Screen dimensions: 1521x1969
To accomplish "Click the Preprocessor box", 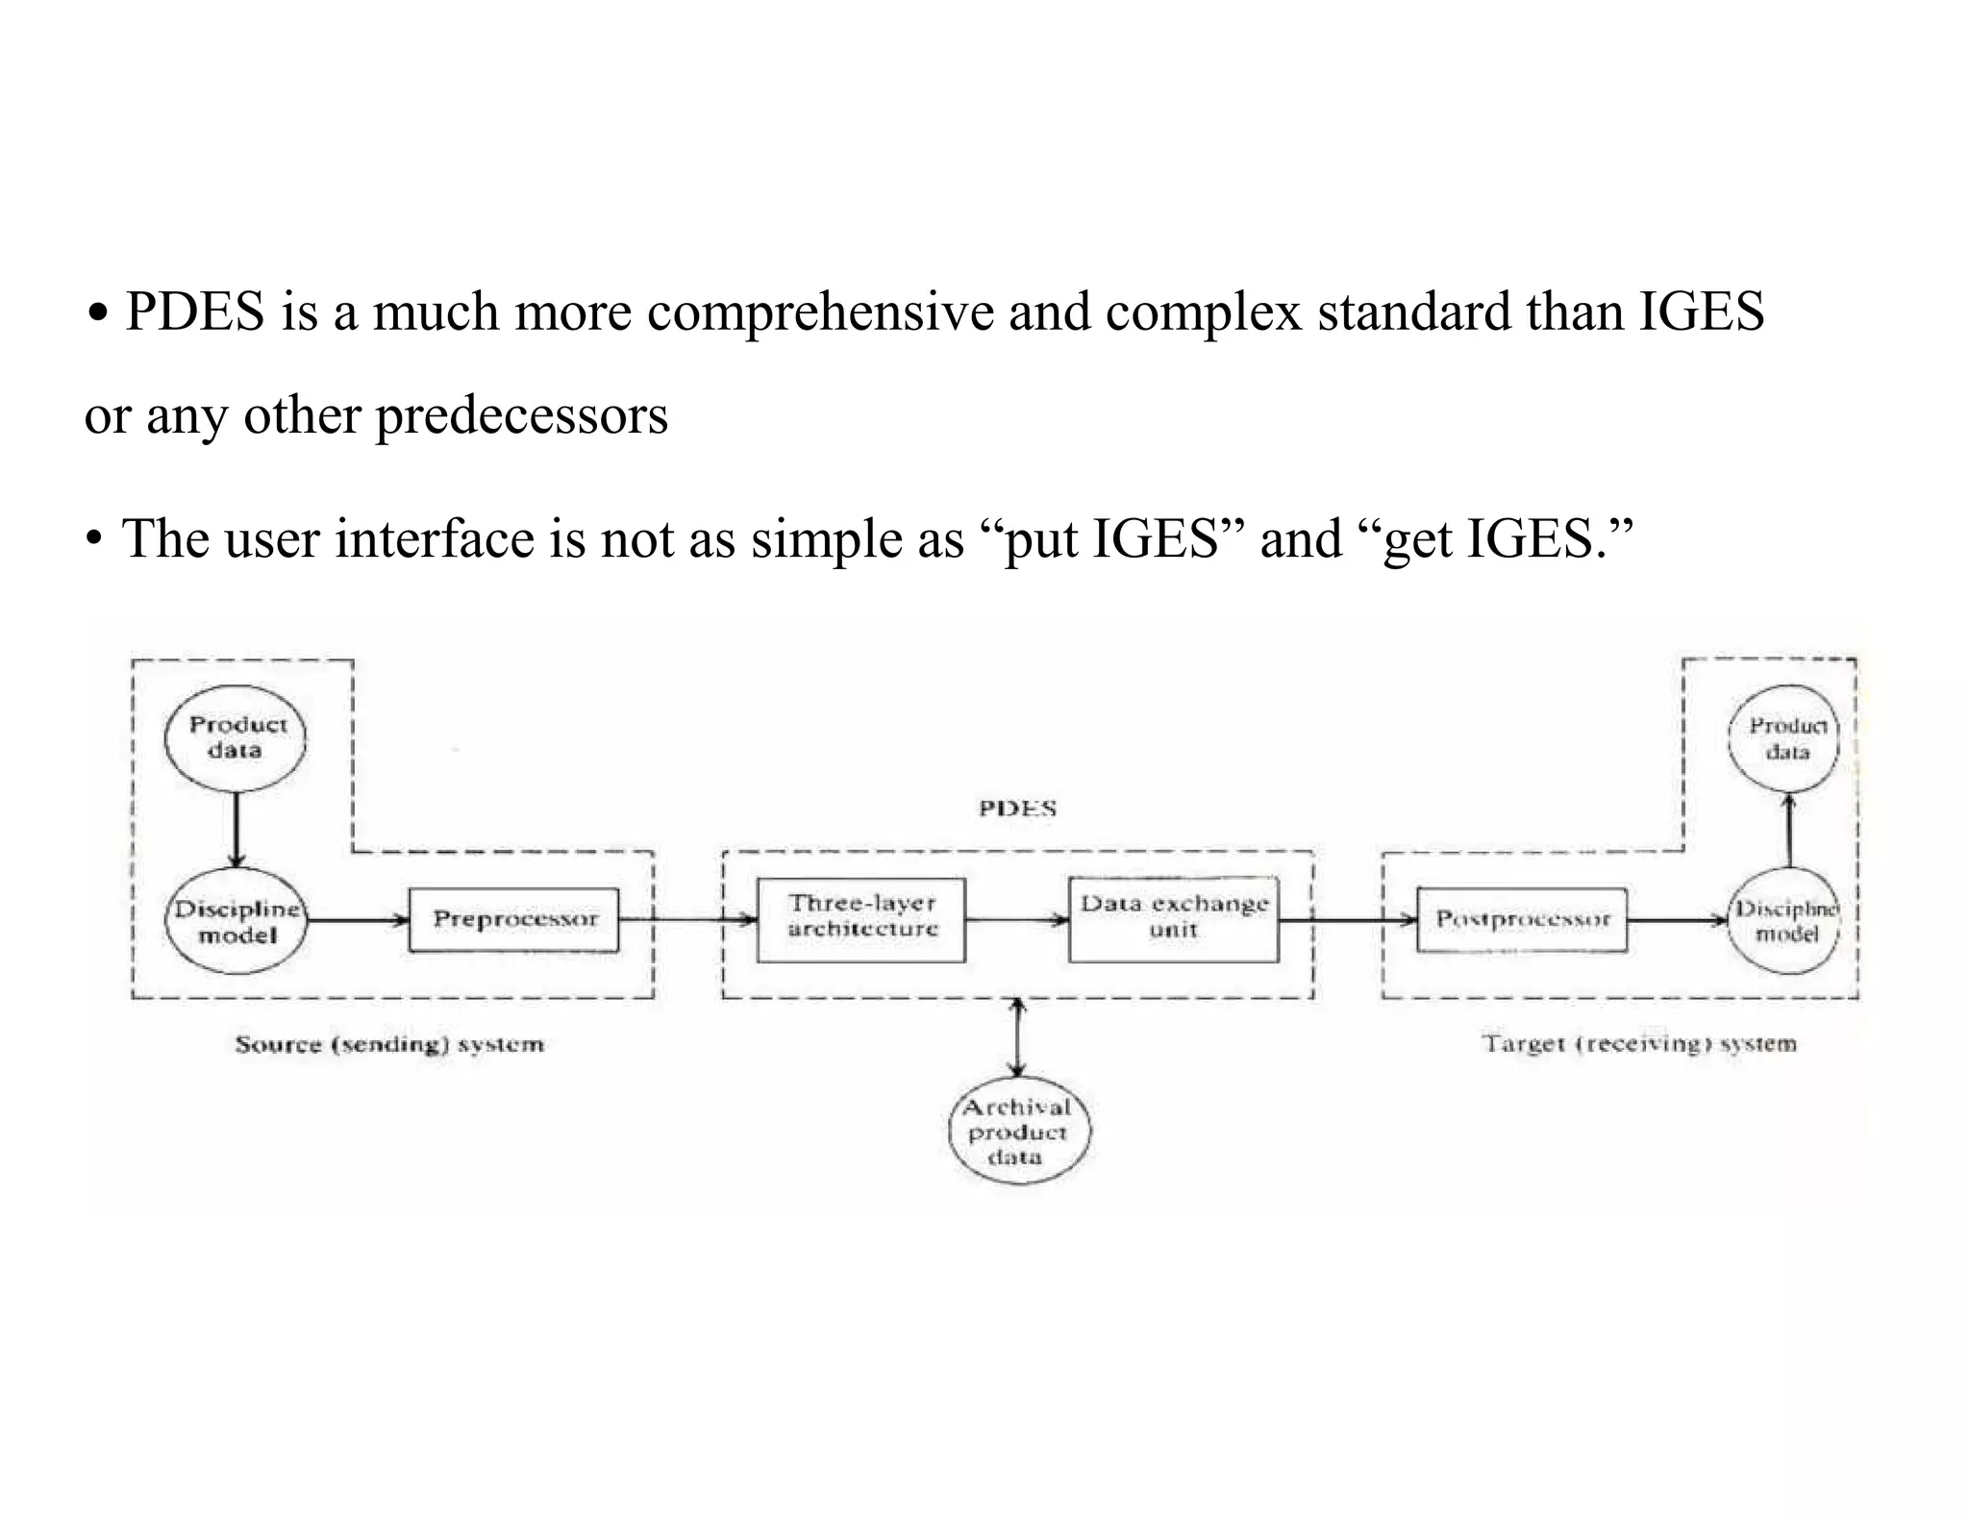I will pos(514,920).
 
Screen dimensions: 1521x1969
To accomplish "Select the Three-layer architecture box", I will pos(861,920).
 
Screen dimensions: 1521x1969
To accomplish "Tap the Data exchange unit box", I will pos(1174,920).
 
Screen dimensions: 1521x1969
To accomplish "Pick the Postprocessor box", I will pos(1522,920).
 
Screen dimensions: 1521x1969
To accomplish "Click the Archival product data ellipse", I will pos(1018,1132).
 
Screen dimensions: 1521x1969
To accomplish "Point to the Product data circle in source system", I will pos(237,738).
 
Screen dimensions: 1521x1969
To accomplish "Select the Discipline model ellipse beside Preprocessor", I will pos(237,922).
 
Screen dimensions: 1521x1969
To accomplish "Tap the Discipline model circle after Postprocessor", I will pos(1785,922).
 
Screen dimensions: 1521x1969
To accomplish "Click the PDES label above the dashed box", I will pos(1017,809).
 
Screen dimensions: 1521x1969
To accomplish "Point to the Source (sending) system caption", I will pos(389,1044).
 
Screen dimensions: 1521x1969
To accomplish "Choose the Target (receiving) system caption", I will pos(1638,1044).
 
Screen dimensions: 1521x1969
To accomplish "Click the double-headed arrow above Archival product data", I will pos(1018,1037).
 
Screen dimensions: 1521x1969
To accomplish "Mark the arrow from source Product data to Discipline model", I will pos(237,828).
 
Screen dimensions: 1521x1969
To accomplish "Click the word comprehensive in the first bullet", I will pos(820,312).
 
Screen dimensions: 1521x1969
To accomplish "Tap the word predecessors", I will pos(521,416).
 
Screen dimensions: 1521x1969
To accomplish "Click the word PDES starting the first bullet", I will pos(194,312).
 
